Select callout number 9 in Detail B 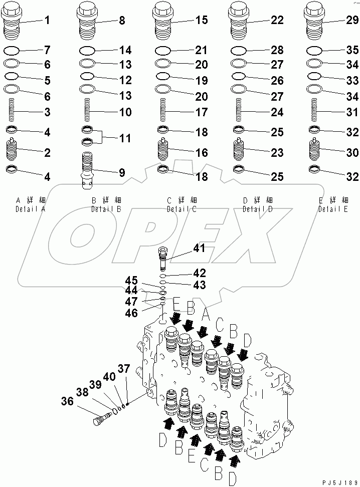coord(121,173)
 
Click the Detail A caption coord(31,205)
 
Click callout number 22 coord(277,21)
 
